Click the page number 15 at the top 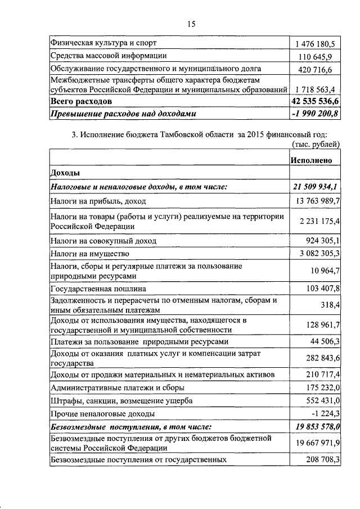tap(191, 24)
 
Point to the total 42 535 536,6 tap(315, 101)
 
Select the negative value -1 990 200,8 tap(316, 114)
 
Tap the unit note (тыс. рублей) tap(316, 144)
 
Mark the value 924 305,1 tap(319, 241)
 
